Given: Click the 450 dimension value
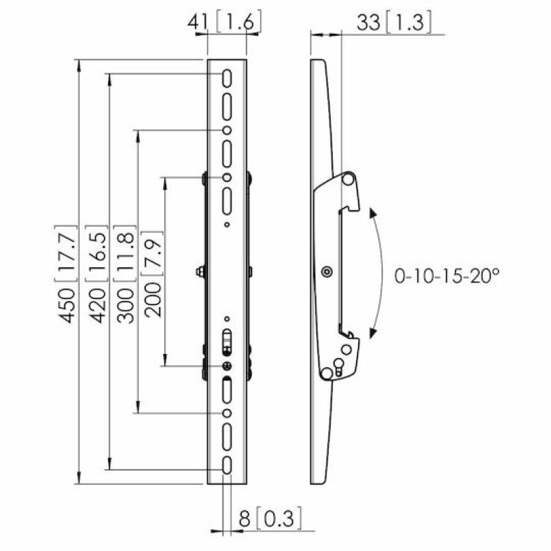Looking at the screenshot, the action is (x=67, y=305).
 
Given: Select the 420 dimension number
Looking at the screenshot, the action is (x=97, y=305).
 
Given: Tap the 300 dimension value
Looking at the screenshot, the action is (x=125, y=305).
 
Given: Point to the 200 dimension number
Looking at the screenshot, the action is (x=153, y=300).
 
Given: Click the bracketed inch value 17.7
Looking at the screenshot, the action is (x=66, y=253).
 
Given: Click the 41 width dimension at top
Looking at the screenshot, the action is (x=198, y=23).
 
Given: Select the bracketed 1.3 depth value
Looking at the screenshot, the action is (x=408, y=23).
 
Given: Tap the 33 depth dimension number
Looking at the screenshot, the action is (x=368, y=23).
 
